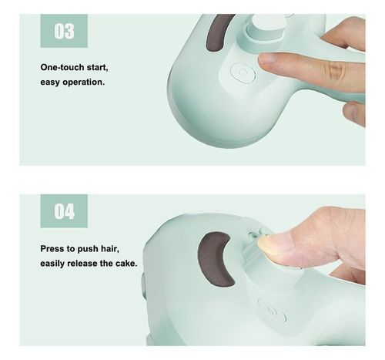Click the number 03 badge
[x=64, y=32]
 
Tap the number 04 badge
[x=64, y=211]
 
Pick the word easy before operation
[x=52, y=82]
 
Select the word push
[x=95, y=249]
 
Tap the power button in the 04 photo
[x=272, y=314]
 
